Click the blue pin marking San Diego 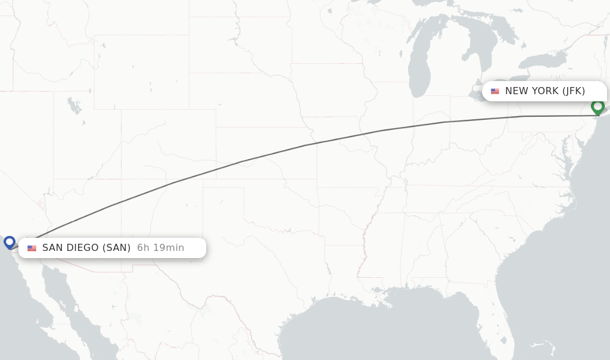click(10, 242)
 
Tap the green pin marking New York click(597, 107)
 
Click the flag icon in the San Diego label click(32, 248)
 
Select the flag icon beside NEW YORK click(495, 91)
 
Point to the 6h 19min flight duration click(160, 248)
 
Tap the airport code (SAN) click(117, 248)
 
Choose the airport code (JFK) click(574, 91)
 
